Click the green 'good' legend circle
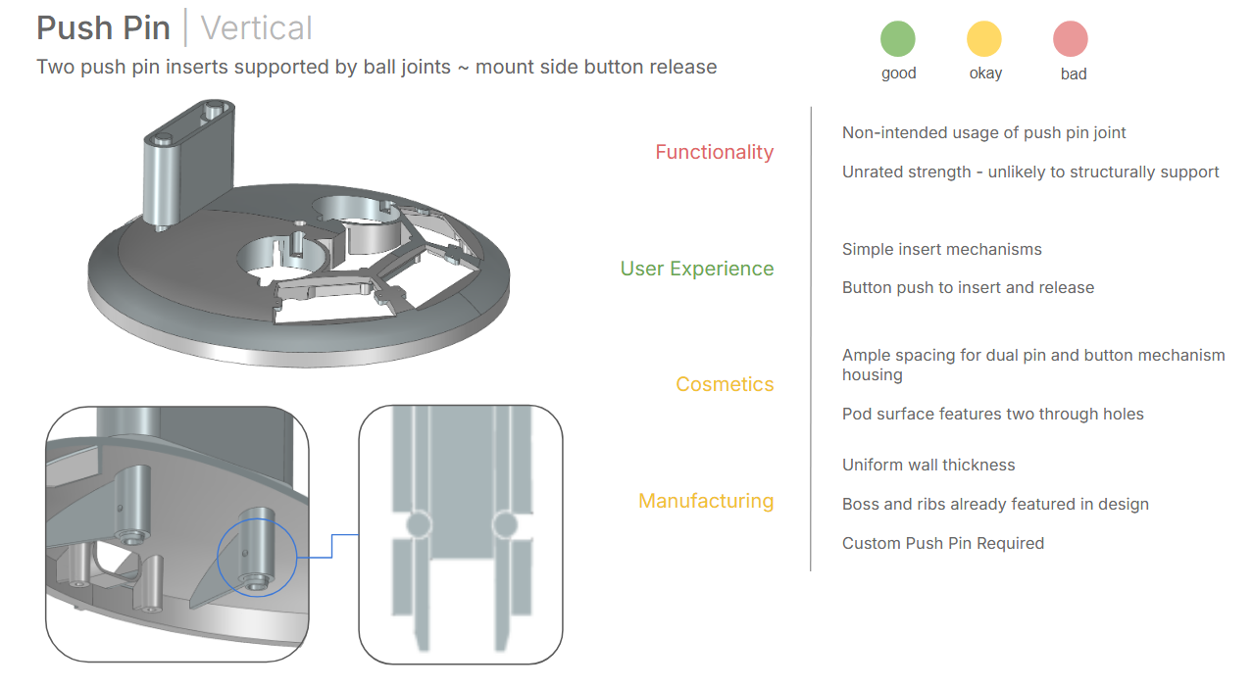point(898,38)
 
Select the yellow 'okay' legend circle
point(984,38)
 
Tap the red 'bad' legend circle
point(1071,38)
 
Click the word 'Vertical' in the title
point(257,28)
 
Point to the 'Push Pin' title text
point(104,28)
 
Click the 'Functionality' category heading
point(715,152)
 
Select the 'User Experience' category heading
point(697,269)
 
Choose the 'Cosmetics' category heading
point(725,384)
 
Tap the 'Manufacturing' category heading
point(706,501)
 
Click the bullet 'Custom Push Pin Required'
point(943,543)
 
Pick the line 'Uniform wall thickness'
point(928,465)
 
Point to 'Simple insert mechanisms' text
point(942,249)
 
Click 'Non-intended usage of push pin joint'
point(984,132)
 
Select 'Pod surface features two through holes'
point(993,414)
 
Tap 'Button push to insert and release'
point(969,287)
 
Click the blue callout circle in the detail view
point(257,557)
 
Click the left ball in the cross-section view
point(419,524)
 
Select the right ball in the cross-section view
point(505,524)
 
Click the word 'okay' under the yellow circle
point(985,74)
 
